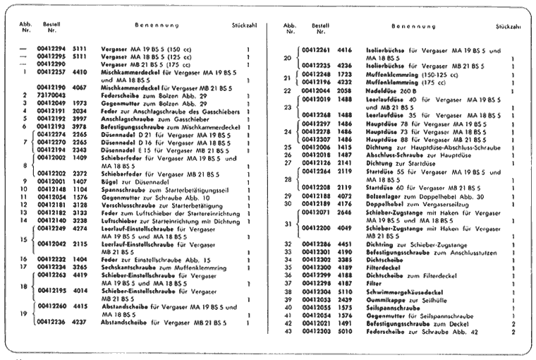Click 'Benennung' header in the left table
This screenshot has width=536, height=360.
click(154, 25)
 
